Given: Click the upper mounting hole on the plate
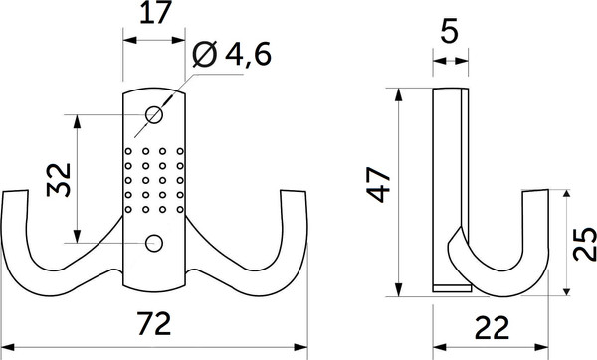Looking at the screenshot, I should coord(154,114).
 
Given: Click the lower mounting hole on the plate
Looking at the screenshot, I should coord(153,242).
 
